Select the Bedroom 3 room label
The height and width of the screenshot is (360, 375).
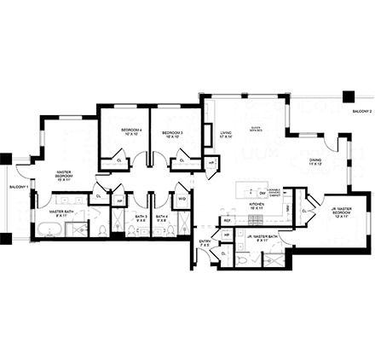(x=174, y=133)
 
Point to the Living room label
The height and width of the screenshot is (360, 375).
(x=226, y=134)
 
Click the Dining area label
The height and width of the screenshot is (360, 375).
(x=315, y=161)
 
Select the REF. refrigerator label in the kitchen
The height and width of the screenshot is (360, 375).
(x=228, y=221)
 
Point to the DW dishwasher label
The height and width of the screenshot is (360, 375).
(x=261, y=194)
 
